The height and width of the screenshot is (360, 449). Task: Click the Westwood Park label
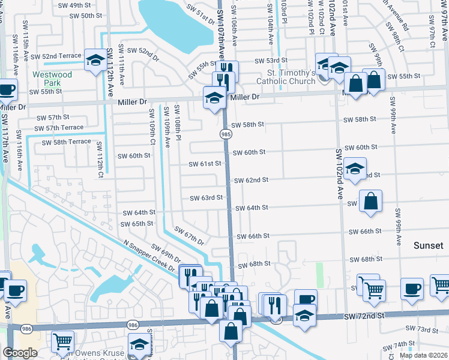[x=52, y=79]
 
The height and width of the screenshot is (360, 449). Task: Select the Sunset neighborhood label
[x=429, y=246]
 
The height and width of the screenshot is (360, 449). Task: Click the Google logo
[x=20, y=353]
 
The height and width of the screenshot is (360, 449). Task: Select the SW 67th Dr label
[x=189, y=235]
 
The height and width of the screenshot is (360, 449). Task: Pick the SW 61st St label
[x=205, y=163]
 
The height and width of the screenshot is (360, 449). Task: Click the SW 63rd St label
[x=206, y=198]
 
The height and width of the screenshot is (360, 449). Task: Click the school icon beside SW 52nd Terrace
[x=95, y=60]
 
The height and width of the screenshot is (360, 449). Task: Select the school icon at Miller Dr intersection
[x=214, y=97]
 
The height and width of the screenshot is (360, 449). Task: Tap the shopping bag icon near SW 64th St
[x=371, y=201]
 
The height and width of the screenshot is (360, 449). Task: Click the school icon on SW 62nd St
[x=355, y=169]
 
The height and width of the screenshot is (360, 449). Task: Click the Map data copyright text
[x=423, y=355]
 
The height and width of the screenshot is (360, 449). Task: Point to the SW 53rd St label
[x=271, y=61]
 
